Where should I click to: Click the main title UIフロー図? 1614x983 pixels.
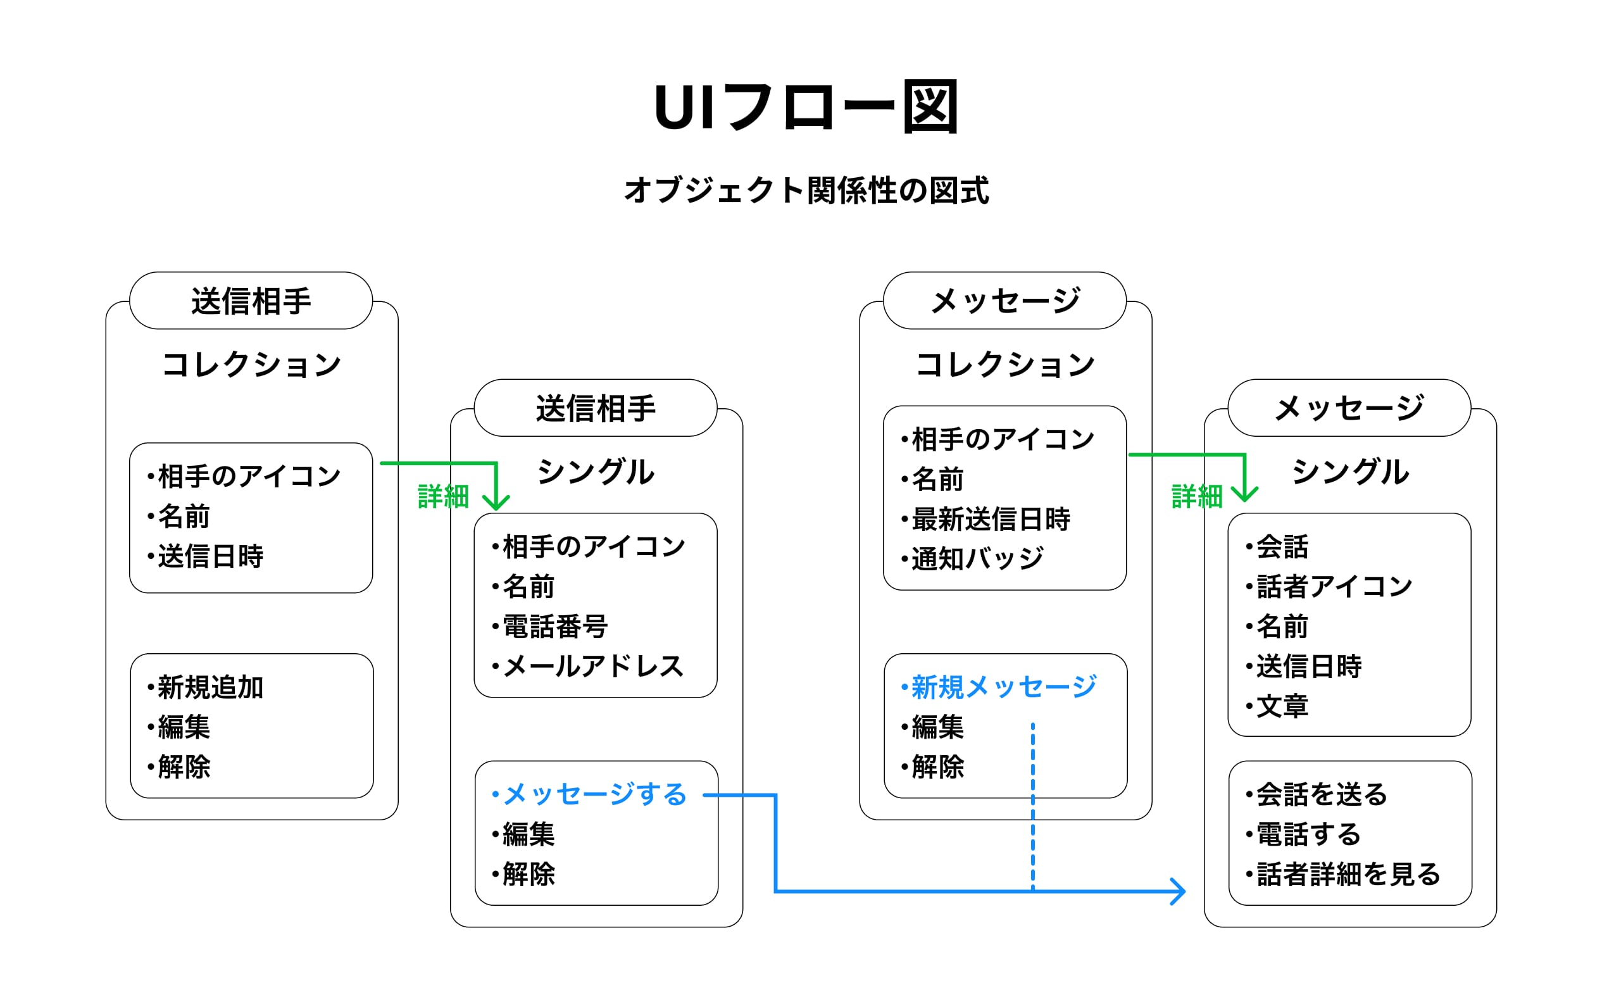[806, 107]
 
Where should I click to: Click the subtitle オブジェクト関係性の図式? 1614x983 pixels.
[806, 191]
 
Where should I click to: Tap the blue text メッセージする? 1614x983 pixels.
[594, 794]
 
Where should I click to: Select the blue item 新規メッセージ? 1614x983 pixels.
[1003, 687]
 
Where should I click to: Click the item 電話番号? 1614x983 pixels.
[555, 626]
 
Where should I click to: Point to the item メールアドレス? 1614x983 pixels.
[594, 666]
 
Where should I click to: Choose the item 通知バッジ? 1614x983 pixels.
[977, 559]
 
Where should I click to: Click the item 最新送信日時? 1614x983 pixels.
[991, 518]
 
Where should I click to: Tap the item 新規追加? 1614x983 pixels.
[210, 687]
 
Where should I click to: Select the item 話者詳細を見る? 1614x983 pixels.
[1348, 874]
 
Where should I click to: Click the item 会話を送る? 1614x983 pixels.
[1322, 794]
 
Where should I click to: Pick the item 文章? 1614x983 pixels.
[1282, 706]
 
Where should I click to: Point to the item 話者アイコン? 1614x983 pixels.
[1334, 586]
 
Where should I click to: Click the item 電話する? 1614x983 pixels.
[1308, 834]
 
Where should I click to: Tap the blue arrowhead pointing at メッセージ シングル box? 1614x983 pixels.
[1180, 891]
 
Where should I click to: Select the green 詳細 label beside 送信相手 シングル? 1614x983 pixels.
[444, 496]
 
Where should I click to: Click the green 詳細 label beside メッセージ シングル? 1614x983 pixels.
[1197, 496]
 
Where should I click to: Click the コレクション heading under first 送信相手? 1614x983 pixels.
[251, 365]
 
